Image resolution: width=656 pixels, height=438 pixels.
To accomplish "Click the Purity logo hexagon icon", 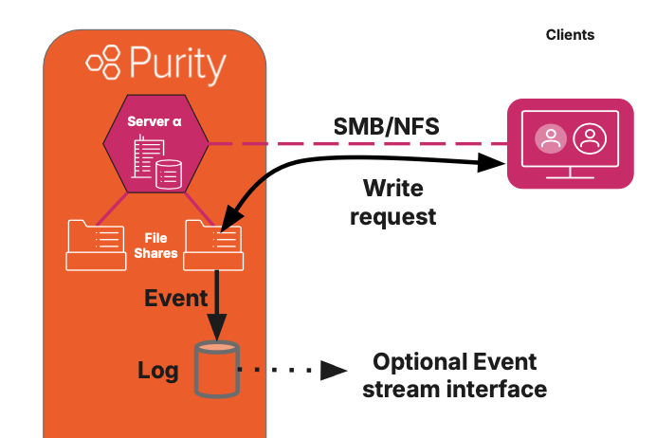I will [x=103, y=64].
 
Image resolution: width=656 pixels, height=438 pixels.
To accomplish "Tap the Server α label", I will [x=155, y=120].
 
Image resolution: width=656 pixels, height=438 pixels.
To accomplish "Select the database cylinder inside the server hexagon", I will [x=169, y=174].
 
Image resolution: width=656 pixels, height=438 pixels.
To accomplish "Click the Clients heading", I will [x=570, y=35].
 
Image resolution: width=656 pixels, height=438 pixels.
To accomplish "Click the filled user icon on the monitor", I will [x=549, y=140].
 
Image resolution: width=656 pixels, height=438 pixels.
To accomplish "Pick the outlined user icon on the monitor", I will [x=590, y=140].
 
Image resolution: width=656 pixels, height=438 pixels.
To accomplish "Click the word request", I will [x=393, y=216].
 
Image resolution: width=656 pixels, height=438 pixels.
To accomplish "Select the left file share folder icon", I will [x=95, y=244].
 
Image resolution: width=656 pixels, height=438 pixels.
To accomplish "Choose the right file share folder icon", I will [x=213, y=244].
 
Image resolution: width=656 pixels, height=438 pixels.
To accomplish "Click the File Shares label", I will [x=155, y=246].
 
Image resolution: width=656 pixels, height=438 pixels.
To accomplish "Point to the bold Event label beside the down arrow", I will [x=175, y=299].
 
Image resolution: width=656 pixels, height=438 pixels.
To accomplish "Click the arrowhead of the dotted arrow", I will [x=332, y=370].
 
